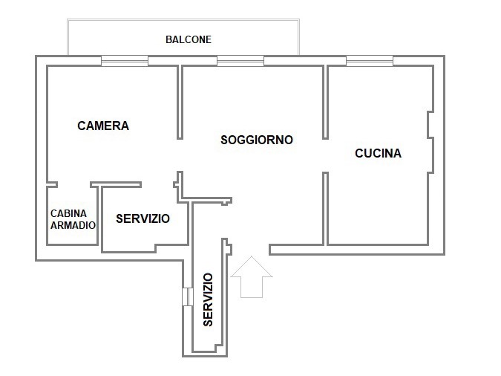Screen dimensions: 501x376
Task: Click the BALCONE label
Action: [x=189, y=39]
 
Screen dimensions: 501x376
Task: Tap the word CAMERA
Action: [x=103, y=126]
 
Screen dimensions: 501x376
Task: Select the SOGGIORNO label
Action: [x=257, y=140]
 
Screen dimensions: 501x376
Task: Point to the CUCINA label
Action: [x=378, y=153]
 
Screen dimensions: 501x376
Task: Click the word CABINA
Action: [x=68, y=213]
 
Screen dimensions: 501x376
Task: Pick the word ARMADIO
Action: [x=73, y=225]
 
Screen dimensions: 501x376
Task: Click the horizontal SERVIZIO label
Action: [x=143, y=219]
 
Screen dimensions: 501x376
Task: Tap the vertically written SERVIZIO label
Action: [x=208, y=299]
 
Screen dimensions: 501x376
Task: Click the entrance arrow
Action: [x=252, y=277]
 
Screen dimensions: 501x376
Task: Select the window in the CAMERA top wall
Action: [x=125, y=61]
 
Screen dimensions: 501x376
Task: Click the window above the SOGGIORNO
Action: [x=240, y=61]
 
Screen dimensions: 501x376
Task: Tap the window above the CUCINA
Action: [x=370, y=61]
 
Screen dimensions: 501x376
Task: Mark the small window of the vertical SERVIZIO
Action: [x=188, y=296]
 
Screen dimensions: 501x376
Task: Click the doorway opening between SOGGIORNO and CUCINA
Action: [x=325, y=156]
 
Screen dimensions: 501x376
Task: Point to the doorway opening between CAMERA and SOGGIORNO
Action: [x=180, y=155]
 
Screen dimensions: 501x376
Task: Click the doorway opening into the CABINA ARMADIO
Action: [x=73, y=184]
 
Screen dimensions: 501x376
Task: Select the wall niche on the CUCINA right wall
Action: [x=430, y=125]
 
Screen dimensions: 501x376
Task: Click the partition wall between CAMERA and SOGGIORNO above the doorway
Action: [x=180, y=103]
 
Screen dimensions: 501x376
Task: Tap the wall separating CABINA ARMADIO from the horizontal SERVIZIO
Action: [x=99, y=215]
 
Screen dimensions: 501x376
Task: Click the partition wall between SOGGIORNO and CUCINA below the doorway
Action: [x=325, y=209]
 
